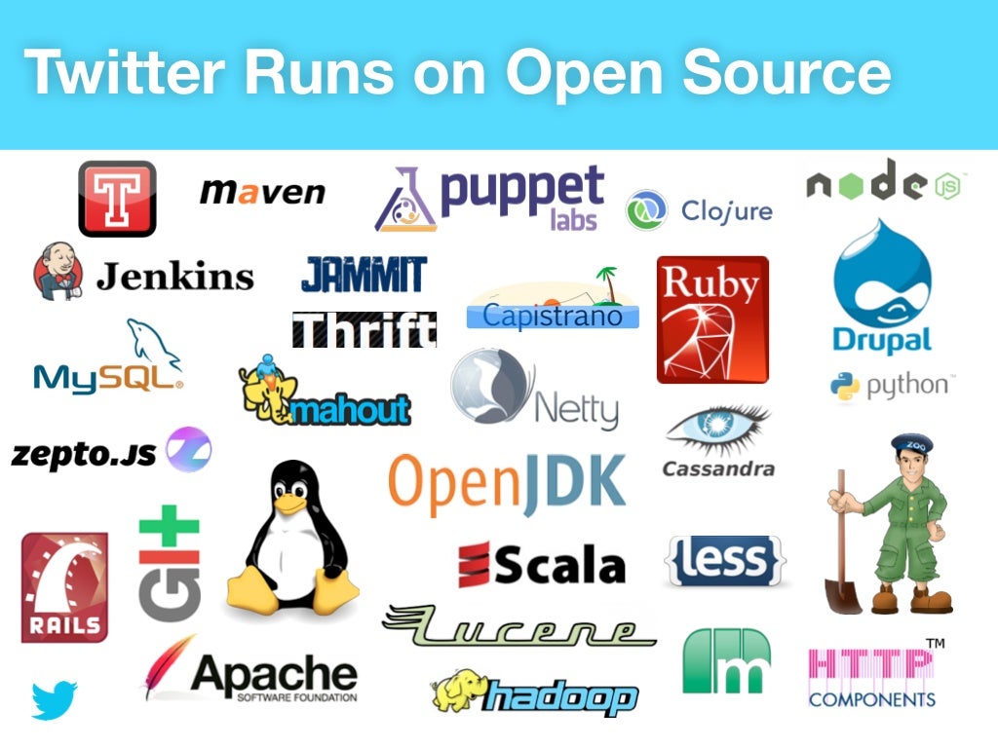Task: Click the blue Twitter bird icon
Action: [x=55, y=699]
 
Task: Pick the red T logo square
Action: [x=117, y=199]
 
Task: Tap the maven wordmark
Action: [x=262, y=192]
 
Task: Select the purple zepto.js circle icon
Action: [x=188, y=450]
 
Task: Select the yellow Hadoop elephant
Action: [x=457, y=692]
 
